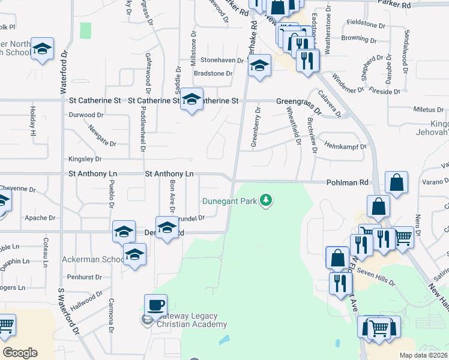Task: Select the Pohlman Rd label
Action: point(347,182)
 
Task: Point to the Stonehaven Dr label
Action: point(224,60)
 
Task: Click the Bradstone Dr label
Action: point(212,73)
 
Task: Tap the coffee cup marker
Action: point(155,305)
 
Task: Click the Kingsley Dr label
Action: point(85,159)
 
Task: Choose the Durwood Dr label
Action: point(86,115)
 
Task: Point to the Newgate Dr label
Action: point(101,136)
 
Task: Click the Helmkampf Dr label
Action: point(345,146)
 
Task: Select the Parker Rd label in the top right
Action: point(394,4)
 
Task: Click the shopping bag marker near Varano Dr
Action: point(396,182)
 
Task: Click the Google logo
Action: point(20,353)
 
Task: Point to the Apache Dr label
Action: point(40,218)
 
